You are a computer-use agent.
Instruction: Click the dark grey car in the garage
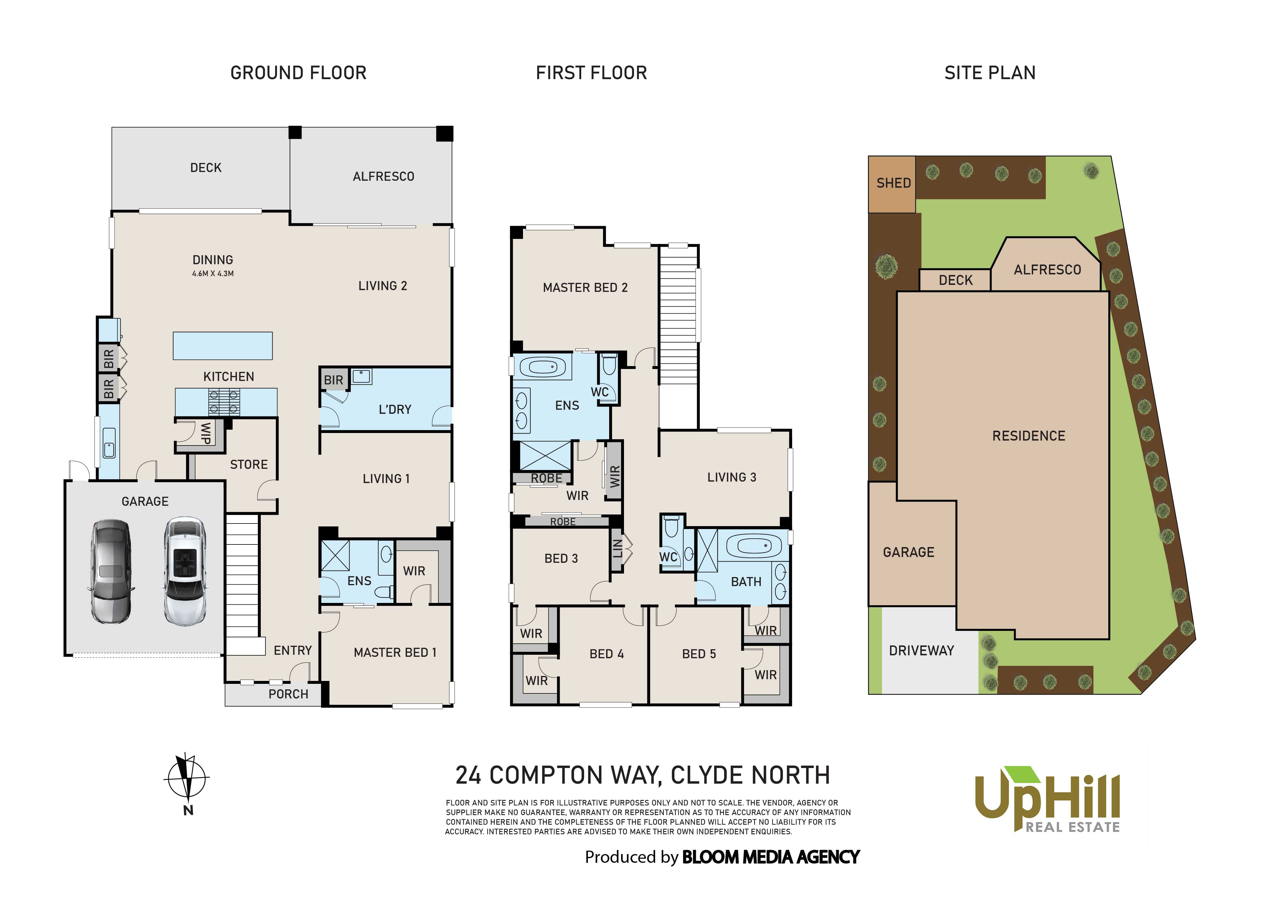(111, 571)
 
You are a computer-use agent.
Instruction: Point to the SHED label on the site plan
(893, 183)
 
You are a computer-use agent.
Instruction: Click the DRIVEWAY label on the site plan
(921, 651)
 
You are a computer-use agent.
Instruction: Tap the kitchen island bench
(222, 345)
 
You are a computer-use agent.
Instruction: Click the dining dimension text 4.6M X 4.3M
(213, 274)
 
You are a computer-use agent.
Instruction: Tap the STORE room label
(249, 464)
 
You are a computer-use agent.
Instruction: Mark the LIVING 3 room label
(731, 478)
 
